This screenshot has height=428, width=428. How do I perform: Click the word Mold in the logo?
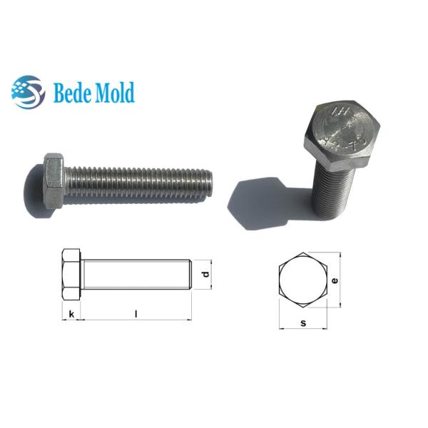pos(114,93)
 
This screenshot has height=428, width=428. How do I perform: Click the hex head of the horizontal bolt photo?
pos(54,180)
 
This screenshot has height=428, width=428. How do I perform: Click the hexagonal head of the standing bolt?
pos(342,129)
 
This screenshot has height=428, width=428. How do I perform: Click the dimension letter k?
pos(71,313)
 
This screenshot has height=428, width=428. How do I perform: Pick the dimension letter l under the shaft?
pos(136,313)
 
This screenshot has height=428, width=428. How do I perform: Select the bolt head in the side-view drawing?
pos(71,275)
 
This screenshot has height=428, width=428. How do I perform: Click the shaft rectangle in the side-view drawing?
pos(136,275)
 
